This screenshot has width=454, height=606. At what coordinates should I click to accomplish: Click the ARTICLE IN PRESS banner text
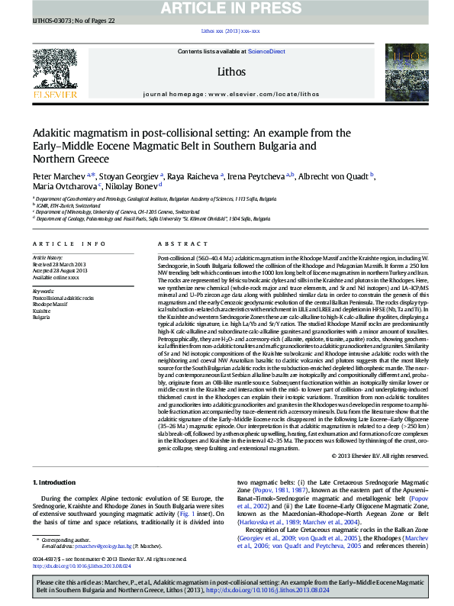tap(227, 8)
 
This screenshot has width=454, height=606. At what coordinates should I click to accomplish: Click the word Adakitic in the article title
tap(54, 131)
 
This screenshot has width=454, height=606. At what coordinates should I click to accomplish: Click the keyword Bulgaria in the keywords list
tap(42, 316)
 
